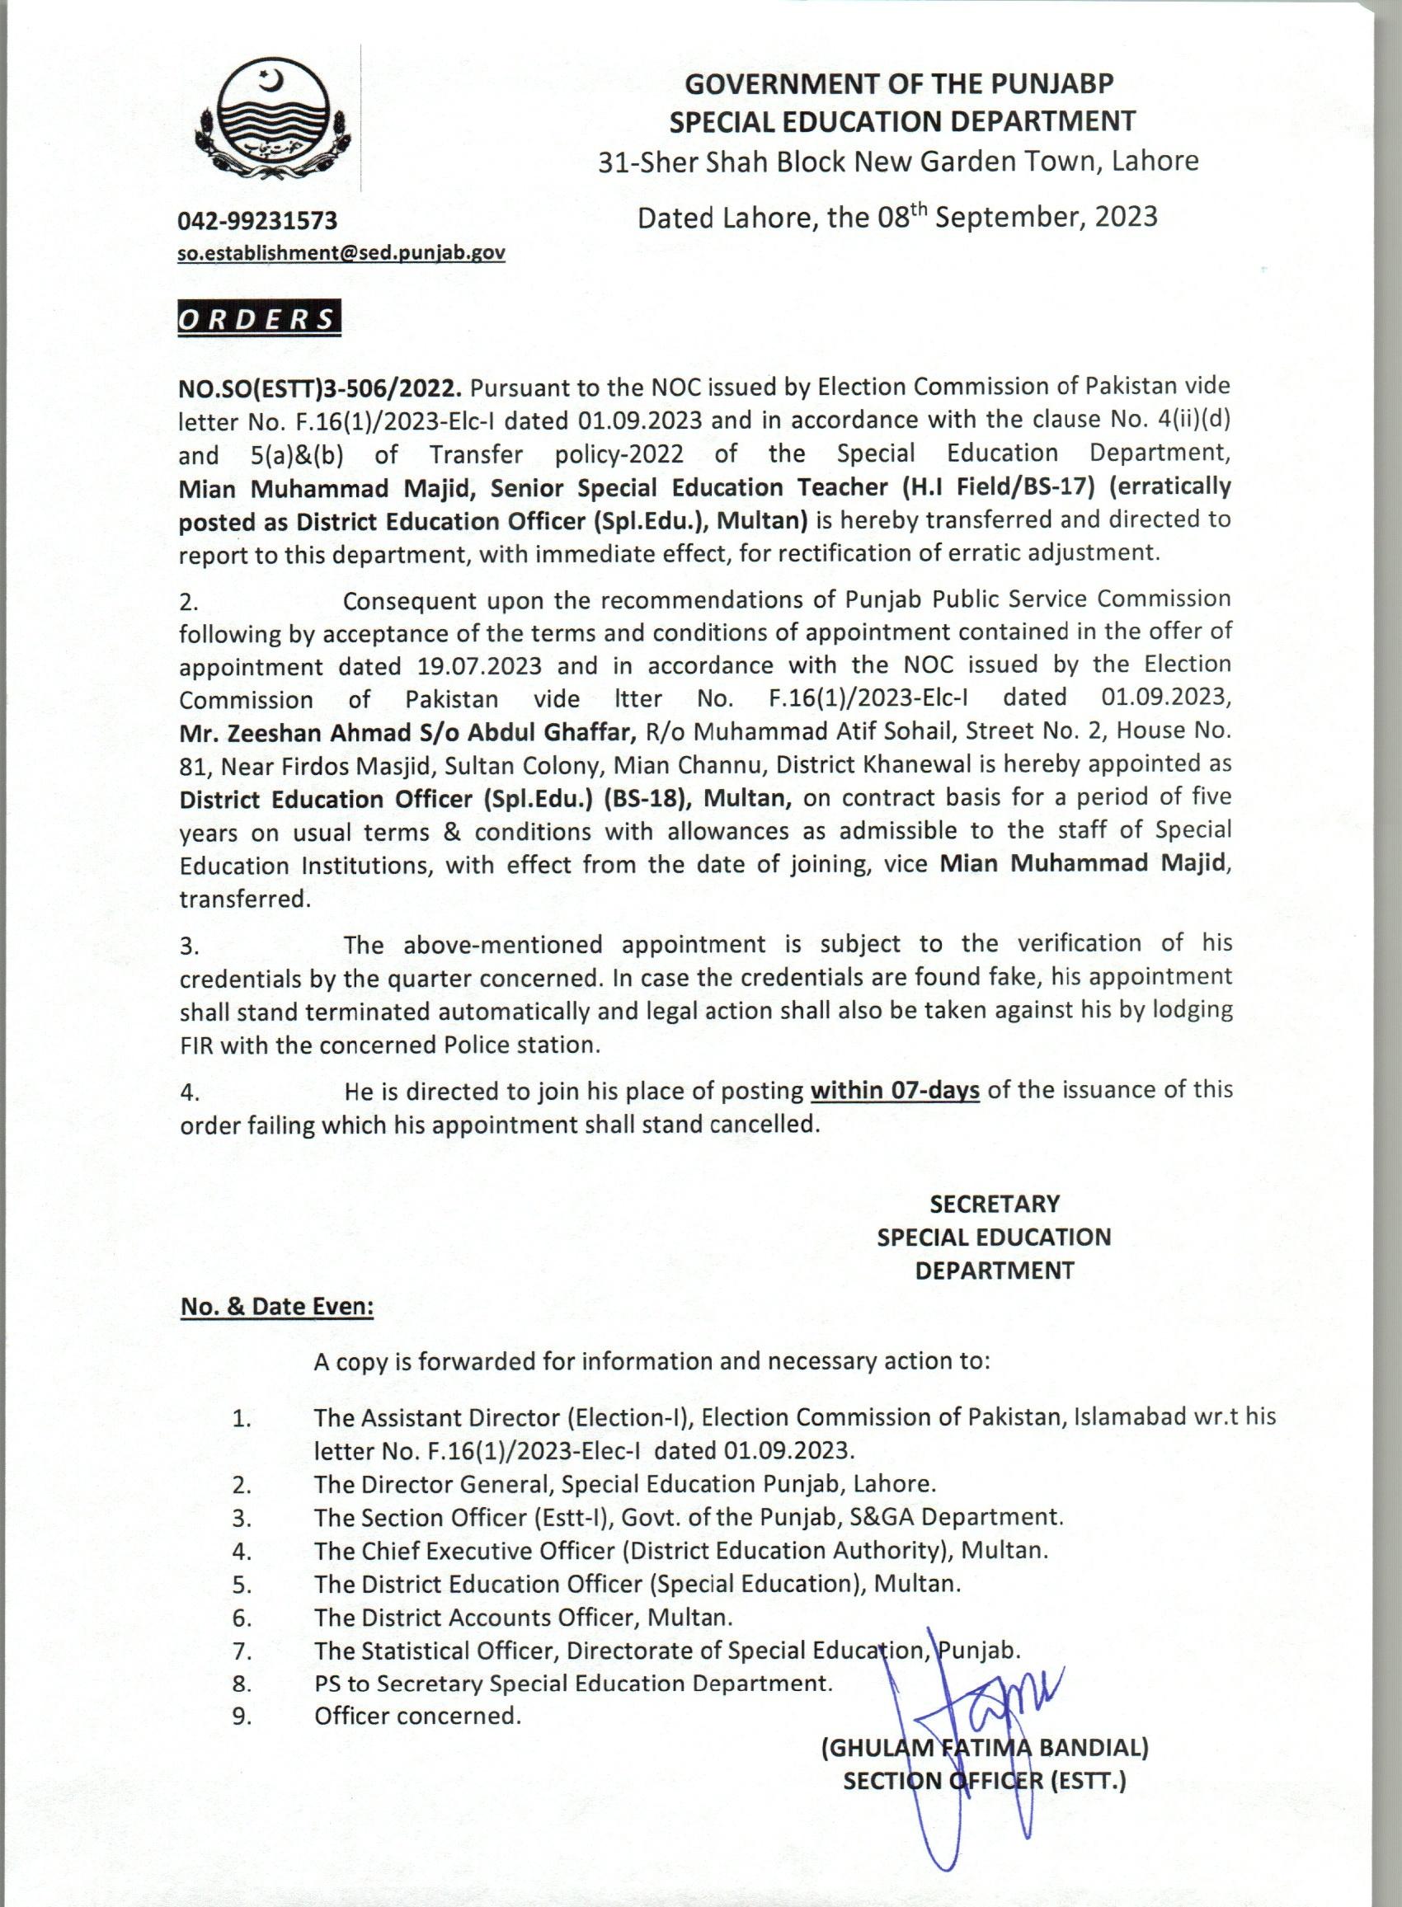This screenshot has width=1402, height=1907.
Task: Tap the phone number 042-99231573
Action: (x=257, y=222)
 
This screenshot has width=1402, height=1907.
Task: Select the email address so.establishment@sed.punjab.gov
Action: (x=341, y=253)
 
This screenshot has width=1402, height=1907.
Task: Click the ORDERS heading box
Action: (x=258, y=319)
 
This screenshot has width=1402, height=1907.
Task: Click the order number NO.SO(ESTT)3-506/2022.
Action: (x=320, y=388)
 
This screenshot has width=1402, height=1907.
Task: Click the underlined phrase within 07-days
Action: (x=896, y=1090)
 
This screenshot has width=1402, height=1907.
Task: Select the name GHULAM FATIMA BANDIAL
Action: (x=985, y=1748)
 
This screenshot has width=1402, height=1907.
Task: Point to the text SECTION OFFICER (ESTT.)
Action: (x=985, y=1782)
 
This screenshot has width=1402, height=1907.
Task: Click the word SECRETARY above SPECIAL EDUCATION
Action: (x=995, y=1205)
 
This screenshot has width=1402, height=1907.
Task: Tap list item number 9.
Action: (x=242, y=1716)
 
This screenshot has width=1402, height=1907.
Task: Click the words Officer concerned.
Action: (x=416, y=1715)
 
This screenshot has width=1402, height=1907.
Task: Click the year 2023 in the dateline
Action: (x=1126, y=217)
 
